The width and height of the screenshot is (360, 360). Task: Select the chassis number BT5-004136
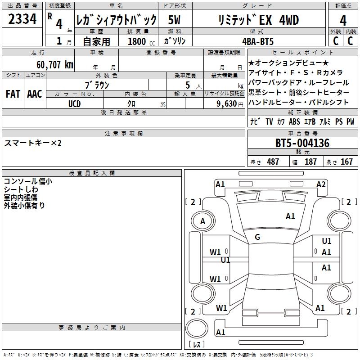[302, 144]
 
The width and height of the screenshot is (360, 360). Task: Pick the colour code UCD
[75, 103]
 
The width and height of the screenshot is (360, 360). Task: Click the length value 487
[273, 162]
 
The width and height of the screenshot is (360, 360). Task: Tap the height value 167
[346, 162]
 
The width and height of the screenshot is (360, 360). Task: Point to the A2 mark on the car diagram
[321, 184]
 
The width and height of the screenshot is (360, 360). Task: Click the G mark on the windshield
[257, 237]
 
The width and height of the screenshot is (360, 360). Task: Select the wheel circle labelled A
[202, 221]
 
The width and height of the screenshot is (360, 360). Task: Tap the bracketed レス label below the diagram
[197, 345]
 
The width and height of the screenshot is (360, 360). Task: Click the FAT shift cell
[13, 94]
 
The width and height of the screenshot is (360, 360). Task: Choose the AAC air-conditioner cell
[35, 94]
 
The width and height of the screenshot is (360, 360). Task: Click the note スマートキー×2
[33, 143]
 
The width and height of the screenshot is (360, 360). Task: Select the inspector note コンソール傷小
[27, 181]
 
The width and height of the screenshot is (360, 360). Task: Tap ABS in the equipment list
[294, 122]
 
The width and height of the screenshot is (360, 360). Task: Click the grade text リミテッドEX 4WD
[264, 20]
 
